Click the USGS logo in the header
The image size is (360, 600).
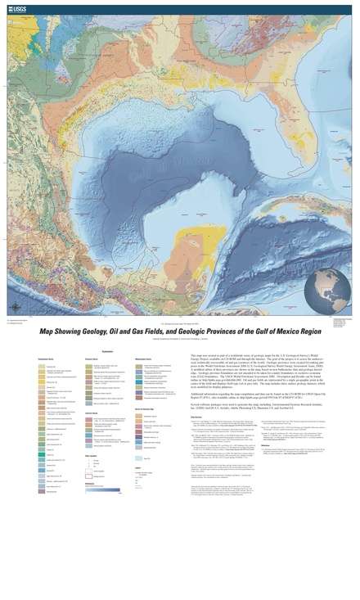(16, 7)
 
